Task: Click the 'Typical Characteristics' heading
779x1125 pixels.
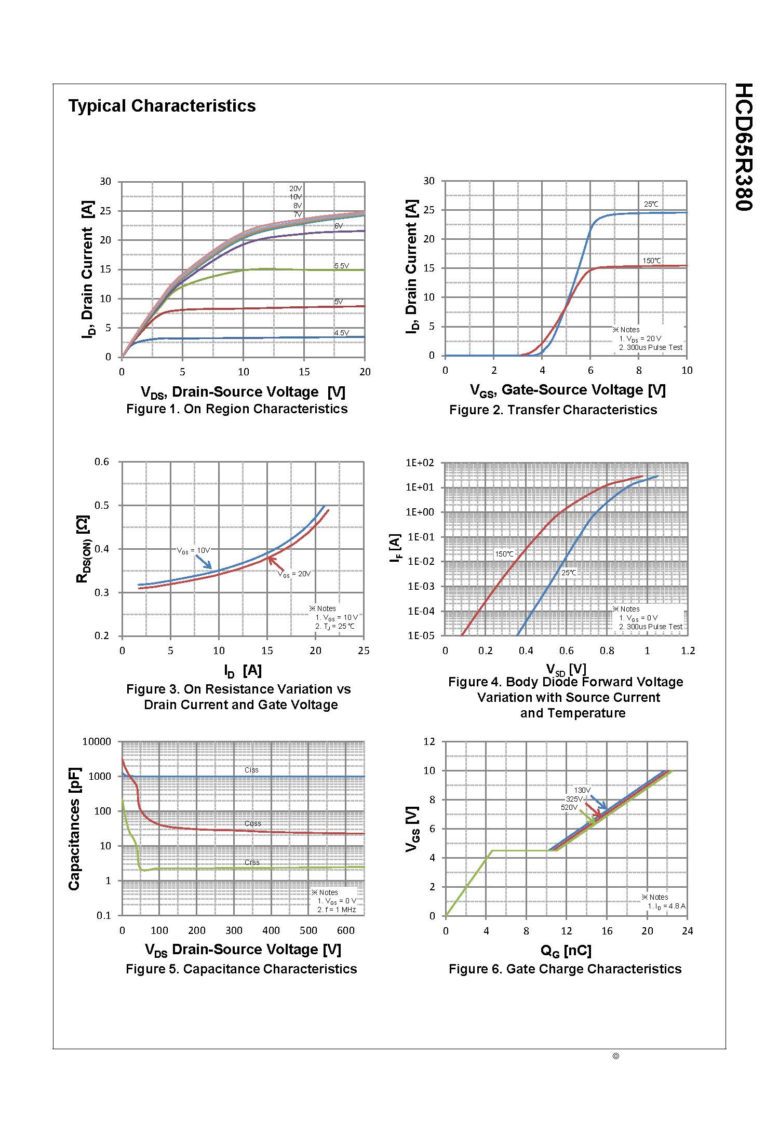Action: point(162,106)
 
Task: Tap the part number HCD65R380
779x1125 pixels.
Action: point(744,147)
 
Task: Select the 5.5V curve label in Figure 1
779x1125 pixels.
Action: point(341,266)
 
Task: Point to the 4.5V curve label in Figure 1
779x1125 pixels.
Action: point(341,333)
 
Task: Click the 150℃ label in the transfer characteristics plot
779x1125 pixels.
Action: point(652,261)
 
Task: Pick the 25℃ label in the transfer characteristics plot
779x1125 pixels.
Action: point(651,204)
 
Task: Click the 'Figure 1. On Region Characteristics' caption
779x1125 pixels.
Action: point(237,409)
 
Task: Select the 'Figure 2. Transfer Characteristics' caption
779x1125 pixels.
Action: point(553,410)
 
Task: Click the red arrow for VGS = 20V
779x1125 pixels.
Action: point(274,563)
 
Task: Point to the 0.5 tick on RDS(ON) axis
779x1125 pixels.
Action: point(102,506)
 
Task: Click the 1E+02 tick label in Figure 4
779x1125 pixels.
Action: point(423,463)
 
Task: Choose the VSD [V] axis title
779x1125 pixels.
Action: point(566,669)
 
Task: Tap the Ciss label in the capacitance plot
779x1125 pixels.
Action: point(251,770)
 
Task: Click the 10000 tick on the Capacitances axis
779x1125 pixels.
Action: point(97,742)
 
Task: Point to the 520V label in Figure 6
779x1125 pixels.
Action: point(569,808)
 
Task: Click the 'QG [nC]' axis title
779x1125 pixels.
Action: point(566,951)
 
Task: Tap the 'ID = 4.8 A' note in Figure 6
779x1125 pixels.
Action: point(667,906)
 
